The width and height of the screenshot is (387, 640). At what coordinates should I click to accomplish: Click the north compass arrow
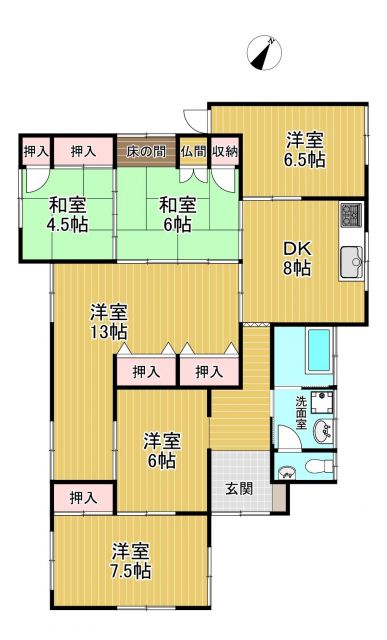point(267,51)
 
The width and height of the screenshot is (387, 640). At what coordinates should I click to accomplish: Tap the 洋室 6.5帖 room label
point(303,150)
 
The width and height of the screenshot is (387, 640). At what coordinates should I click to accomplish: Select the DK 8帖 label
point(296,258)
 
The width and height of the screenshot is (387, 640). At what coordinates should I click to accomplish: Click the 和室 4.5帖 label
point(68,215)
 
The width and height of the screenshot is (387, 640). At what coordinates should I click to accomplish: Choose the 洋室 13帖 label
point(107,321)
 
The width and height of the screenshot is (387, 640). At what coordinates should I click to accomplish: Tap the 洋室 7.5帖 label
point(131,562)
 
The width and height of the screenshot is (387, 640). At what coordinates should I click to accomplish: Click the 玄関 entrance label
point(238,489)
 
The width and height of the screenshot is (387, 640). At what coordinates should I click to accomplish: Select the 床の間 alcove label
point(146,151)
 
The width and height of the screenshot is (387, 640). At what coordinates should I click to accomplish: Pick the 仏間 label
point(193,151)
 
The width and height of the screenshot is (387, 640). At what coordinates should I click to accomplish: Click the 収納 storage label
point(224,151)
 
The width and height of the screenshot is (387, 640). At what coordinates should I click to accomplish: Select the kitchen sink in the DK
point(352,263)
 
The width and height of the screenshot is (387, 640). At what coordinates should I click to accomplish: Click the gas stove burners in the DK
point(352,214)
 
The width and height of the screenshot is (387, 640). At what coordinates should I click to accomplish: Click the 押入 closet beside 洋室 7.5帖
point(84,497)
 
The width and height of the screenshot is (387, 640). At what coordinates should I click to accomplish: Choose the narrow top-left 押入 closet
point(36,151)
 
